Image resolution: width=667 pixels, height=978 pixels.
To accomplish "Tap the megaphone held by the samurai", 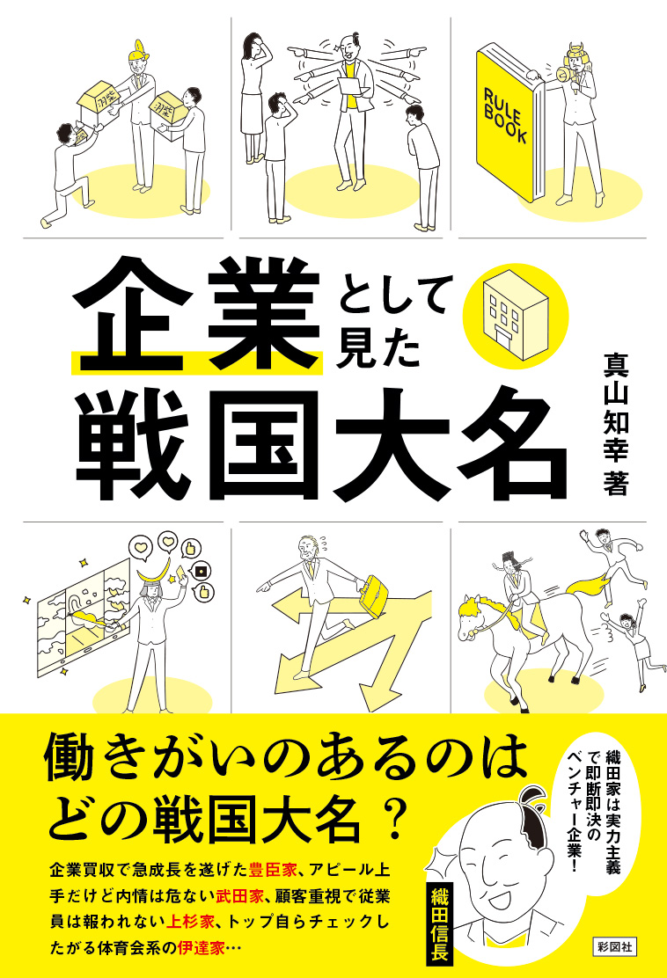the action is pyautogui.click(x=561, y=75).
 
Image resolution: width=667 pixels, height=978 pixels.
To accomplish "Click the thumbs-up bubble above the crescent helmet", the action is pyautogui.click(x=190, y=548).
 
